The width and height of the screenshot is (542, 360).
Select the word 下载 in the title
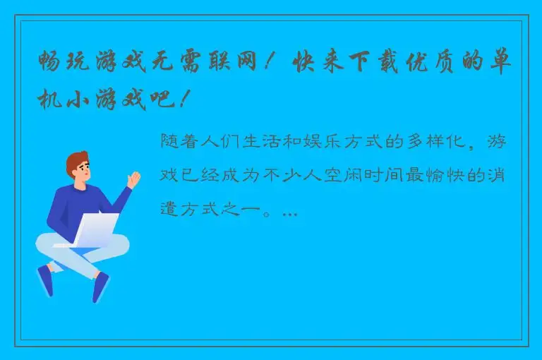[356, 64]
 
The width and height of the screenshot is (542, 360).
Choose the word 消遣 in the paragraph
[500, 176]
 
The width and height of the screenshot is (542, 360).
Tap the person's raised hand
[133, 178]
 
